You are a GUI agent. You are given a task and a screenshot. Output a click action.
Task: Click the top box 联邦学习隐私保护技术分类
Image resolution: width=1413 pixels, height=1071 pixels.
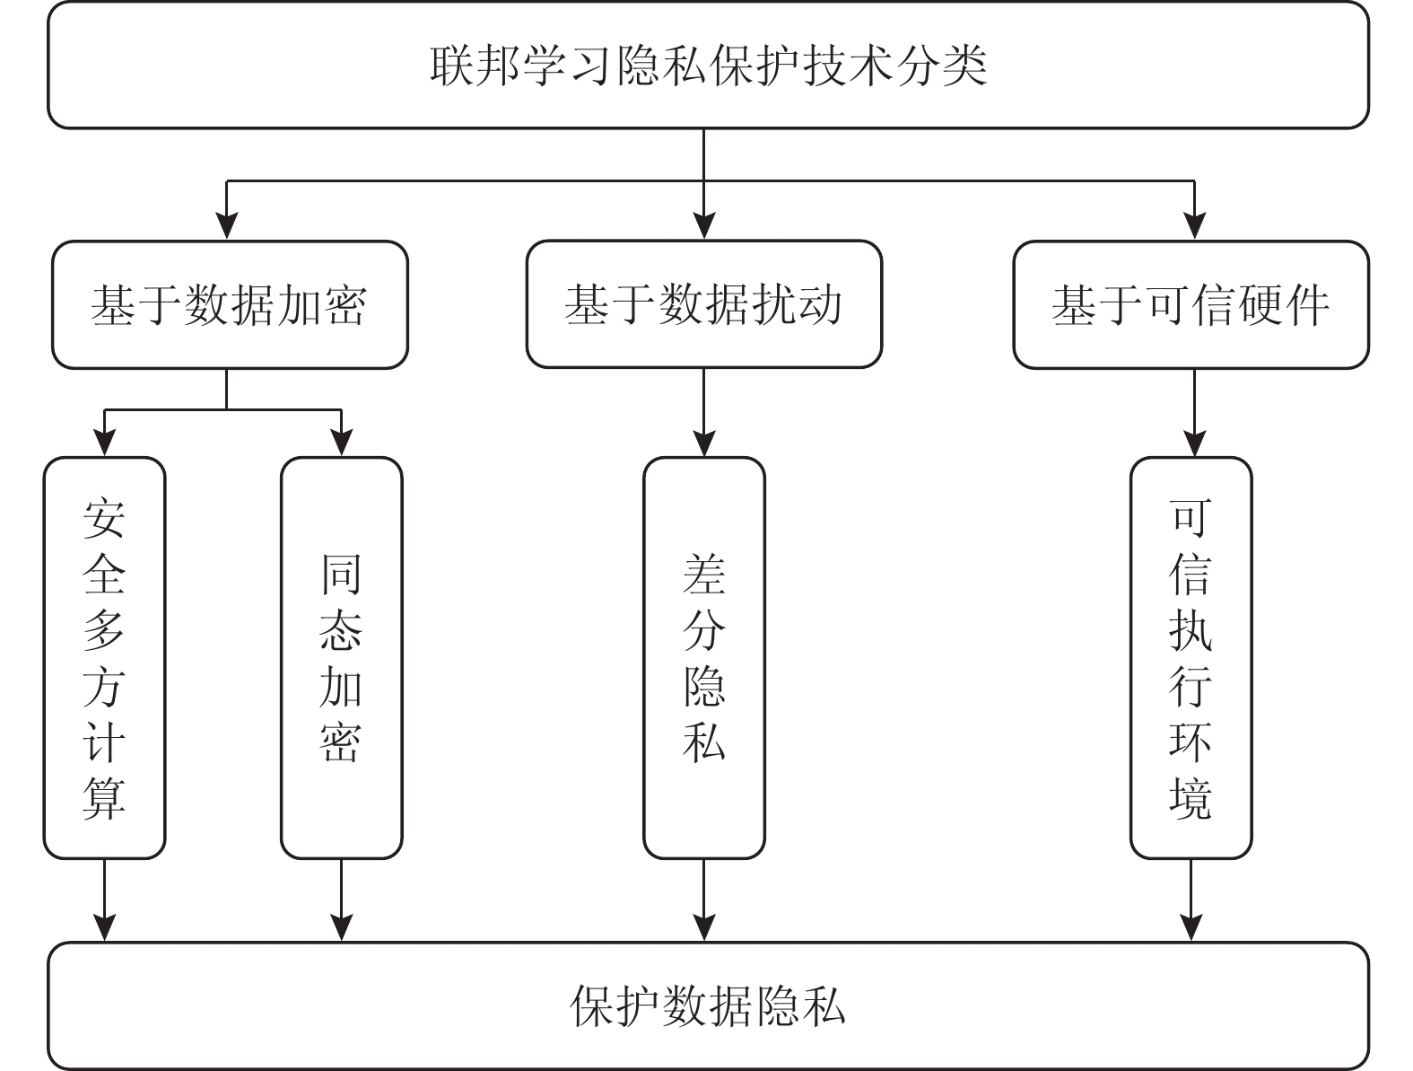pos(708,66)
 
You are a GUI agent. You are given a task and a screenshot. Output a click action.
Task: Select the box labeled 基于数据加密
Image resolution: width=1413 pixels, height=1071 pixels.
pos(230,304)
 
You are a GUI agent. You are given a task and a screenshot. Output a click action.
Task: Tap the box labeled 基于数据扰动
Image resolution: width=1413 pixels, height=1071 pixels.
pos(703,304)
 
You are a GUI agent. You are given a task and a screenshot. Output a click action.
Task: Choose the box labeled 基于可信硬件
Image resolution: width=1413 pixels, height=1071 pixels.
pos(1191,304)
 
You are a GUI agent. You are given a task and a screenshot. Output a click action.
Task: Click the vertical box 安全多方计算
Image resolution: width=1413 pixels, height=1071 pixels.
pos(105,658)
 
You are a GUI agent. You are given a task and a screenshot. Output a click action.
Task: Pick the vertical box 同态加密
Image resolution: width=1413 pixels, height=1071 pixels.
pos(342,658)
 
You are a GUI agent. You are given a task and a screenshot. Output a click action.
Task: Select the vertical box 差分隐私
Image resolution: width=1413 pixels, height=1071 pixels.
pos(704,658)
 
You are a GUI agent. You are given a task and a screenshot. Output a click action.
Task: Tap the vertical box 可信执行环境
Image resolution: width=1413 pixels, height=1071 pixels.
pos(1191,658)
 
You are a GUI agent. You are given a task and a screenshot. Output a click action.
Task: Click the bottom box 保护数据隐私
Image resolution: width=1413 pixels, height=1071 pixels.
pos(708,1005)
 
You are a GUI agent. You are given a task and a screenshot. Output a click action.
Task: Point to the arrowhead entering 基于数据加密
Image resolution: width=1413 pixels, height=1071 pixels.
pos(227,226)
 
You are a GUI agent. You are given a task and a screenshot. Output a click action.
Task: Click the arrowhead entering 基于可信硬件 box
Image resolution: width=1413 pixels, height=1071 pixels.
pos(1194,226)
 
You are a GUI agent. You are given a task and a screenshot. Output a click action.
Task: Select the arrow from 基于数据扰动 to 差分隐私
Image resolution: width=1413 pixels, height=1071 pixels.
pos(704,413)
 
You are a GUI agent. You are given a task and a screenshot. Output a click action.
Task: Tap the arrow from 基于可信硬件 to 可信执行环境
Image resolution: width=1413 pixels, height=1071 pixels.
pos(1194,413)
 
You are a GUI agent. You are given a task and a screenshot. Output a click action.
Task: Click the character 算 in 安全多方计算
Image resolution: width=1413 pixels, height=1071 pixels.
pos(104,798)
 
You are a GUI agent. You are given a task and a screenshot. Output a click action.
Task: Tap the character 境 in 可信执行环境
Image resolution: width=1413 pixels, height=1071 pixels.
pos(1191,798)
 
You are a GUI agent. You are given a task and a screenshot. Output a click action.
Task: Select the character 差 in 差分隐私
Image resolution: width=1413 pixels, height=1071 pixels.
pos(704,575)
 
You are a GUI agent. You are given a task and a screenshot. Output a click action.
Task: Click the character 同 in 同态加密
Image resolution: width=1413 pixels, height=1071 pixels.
pos(342,575)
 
